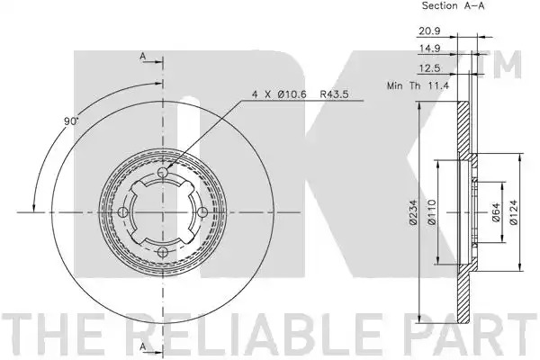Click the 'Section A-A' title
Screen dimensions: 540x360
453,6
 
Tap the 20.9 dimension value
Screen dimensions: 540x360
429,31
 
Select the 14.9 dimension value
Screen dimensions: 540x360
429,49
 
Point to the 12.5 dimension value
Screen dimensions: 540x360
429,68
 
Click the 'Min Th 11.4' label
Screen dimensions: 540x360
418,85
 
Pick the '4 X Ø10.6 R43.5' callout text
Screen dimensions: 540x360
301,94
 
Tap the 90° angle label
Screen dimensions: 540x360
71,121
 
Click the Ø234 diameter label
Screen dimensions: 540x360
414,211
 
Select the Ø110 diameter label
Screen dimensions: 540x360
432,211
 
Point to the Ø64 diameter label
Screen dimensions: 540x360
495,212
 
